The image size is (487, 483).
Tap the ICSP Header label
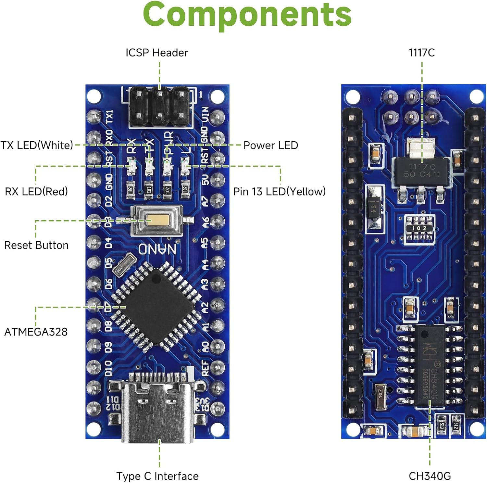pyautogui.click(x=157, y=53)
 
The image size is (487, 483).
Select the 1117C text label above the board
pyautogui.click(x=421, y=53)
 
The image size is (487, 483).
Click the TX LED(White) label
pyautogui.click(x=37, y=145)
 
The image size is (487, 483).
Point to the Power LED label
pyautogui.click(x=271, y=145)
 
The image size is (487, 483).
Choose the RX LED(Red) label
pyautogui.click(x=36, y=191)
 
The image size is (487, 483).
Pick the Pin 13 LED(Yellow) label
pyautogui.click(x=279, y=191)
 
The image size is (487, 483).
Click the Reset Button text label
pyautogui.click(x=36, y=245)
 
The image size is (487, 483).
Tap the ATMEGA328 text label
pyautogui.click(x=36, y=332)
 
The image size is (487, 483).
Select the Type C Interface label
pyautogui.click(x=157, y=476)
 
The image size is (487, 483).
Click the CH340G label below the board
pyautogui.click(x=430, y=476)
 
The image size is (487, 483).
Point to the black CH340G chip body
pyautogui.click(x=430, y=365)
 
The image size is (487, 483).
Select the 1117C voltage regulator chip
pyautogui.click(x=421, y=171)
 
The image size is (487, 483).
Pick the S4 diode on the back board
pyautogui.click(x=373, y=209)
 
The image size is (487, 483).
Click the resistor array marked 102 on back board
pyautogui.click(x=419, y=228)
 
